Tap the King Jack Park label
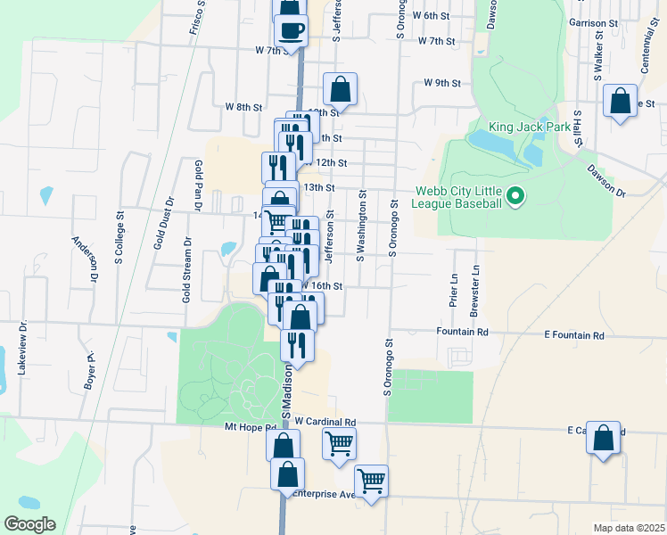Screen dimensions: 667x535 [x=529, y=128]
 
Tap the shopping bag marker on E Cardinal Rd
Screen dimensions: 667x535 [x=604, y=439]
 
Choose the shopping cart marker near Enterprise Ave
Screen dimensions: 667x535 [x=371, y=482]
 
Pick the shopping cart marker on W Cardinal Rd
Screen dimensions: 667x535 [x=339, y=443]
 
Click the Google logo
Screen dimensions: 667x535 [x=29, y=524]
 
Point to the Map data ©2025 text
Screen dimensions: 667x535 [x=629, y=528]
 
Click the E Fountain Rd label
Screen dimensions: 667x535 [x=574, y=335]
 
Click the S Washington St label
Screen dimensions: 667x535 [x=361, y=226]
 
